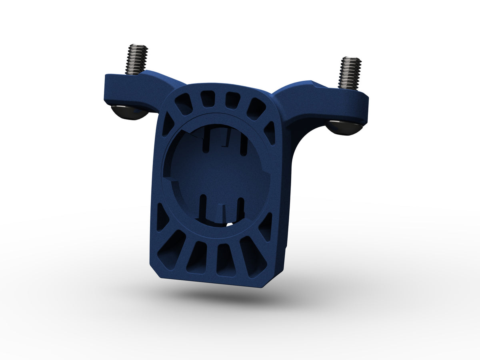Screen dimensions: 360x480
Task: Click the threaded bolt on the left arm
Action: [137, 59]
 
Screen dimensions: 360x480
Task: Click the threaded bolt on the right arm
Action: [350, 72]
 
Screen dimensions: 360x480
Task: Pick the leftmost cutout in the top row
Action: [184, 105]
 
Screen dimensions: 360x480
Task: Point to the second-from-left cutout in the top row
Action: [207, 99]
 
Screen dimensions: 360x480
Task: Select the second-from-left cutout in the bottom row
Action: [197, 258]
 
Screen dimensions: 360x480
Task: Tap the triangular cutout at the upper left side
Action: [168, 124]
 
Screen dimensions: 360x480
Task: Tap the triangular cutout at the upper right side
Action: [270, 132]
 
